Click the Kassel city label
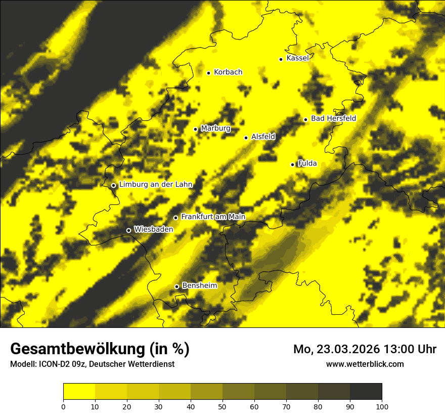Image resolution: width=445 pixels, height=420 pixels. pos(297,58)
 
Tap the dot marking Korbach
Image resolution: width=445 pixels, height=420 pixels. pos(208,73)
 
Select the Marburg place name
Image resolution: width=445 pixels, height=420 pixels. pos(215,129)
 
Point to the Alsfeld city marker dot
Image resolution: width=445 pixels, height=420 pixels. pos(246,138)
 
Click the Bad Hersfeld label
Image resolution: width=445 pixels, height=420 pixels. pos(333,119)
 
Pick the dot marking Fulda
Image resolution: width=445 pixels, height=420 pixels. pos(292,164)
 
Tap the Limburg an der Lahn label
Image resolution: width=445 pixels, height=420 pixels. pos(156,185)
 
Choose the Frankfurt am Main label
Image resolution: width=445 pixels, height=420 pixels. pos(213,217)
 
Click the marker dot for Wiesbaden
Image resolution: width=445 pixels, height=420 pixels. pos(128,231)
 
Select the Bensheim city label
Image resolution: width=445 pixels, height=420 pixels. pos(199,286)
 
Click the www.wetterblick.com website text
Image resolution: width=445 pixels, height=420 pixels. pos(365,364)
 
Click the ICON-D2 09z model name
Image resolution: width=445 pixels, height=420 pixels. pos(61,364)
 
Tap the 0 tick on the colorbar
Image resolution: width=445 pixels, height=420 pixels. pos(63,406)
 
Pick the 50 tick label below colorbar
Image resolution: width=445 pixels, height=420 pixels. pos(223,406)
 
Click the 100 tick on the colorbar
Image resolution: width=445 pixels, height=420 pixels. pos(382,406)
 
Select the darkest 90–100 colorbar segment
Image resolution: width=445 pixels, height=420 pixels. pos(366,392)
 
